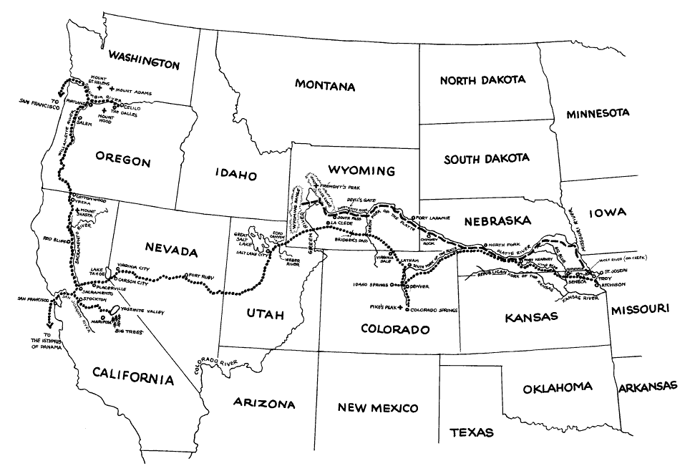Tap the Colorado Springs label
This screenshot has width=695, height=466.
tap(434, 311)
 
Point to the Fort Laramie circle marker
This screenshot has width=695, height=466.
tap(413, 218)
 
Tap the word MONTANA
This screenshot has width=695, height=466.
tap(325, 86)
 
